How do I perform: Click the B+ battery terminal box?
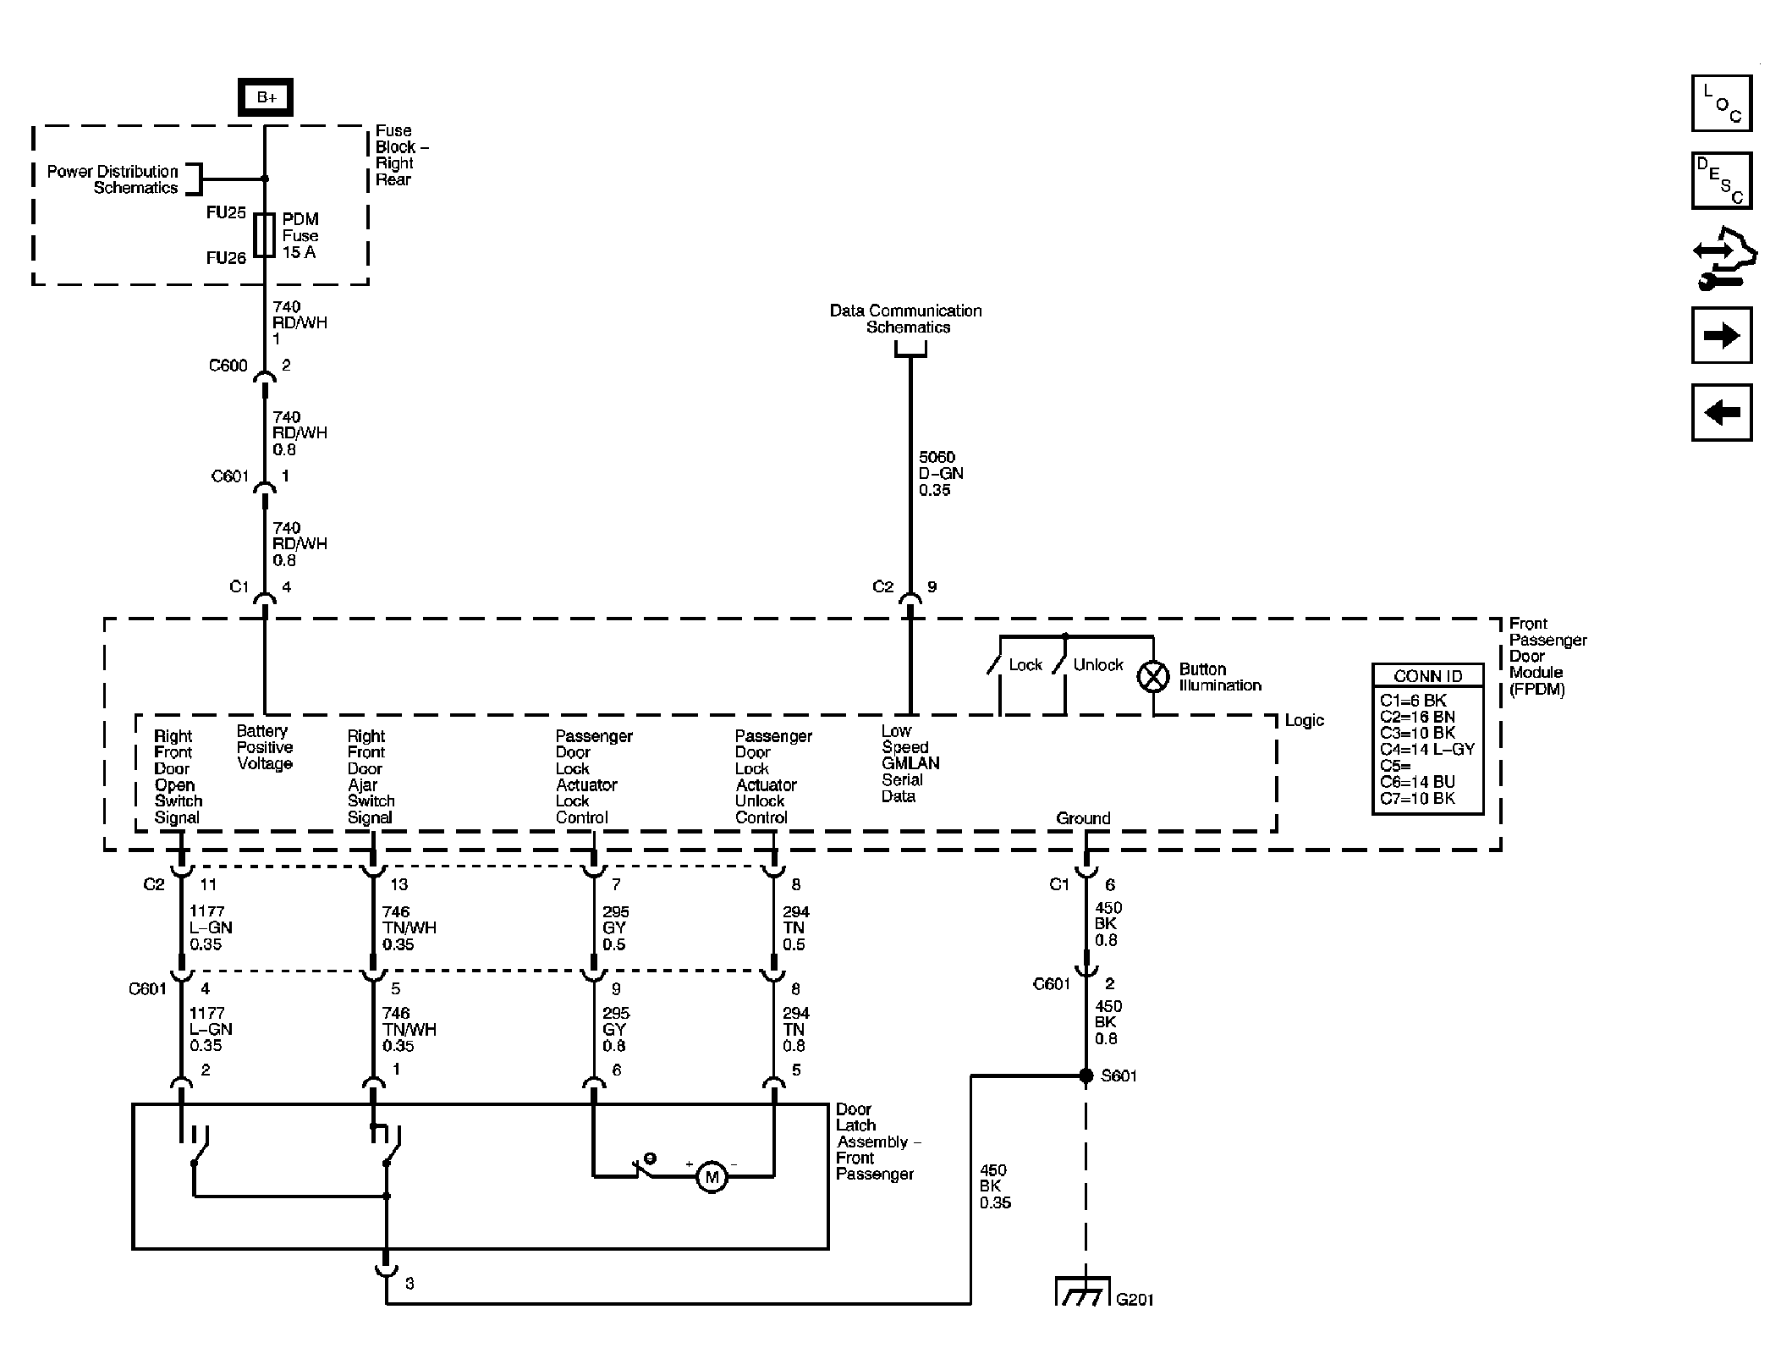coord(266,97)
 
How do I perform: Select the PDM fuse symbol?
coord(265,234)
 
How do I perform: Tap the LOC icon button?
coord(1721,103)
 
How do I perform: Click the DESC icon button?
coord(1721,180)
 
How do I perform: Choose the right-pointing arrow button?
coord(1721,335)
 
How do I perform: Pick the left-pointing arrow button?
coord(1721,413)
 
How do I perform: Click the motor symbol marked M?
coord(712,1177)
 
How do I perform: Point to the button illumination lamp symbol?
coord(1152,676)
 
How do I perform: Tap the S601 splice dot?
coord(1086,1076)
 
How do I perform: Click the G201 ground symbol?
coord(1083,1291)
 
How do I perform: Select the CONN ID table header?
coord(1427,676)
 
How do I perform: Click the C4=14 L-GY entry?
coord(1426,749)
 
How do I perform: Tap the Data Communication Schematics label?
coord(906,319)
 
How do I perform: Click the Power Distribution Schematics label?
coord(113,179)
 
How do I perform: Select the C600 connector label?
coord(228,366)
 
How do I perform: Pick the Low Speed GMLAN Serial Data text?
coord(910,763)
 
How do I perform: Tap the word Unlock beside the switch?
coord(1098,665)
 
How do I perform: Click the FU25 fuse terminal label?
coord(226,212)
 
